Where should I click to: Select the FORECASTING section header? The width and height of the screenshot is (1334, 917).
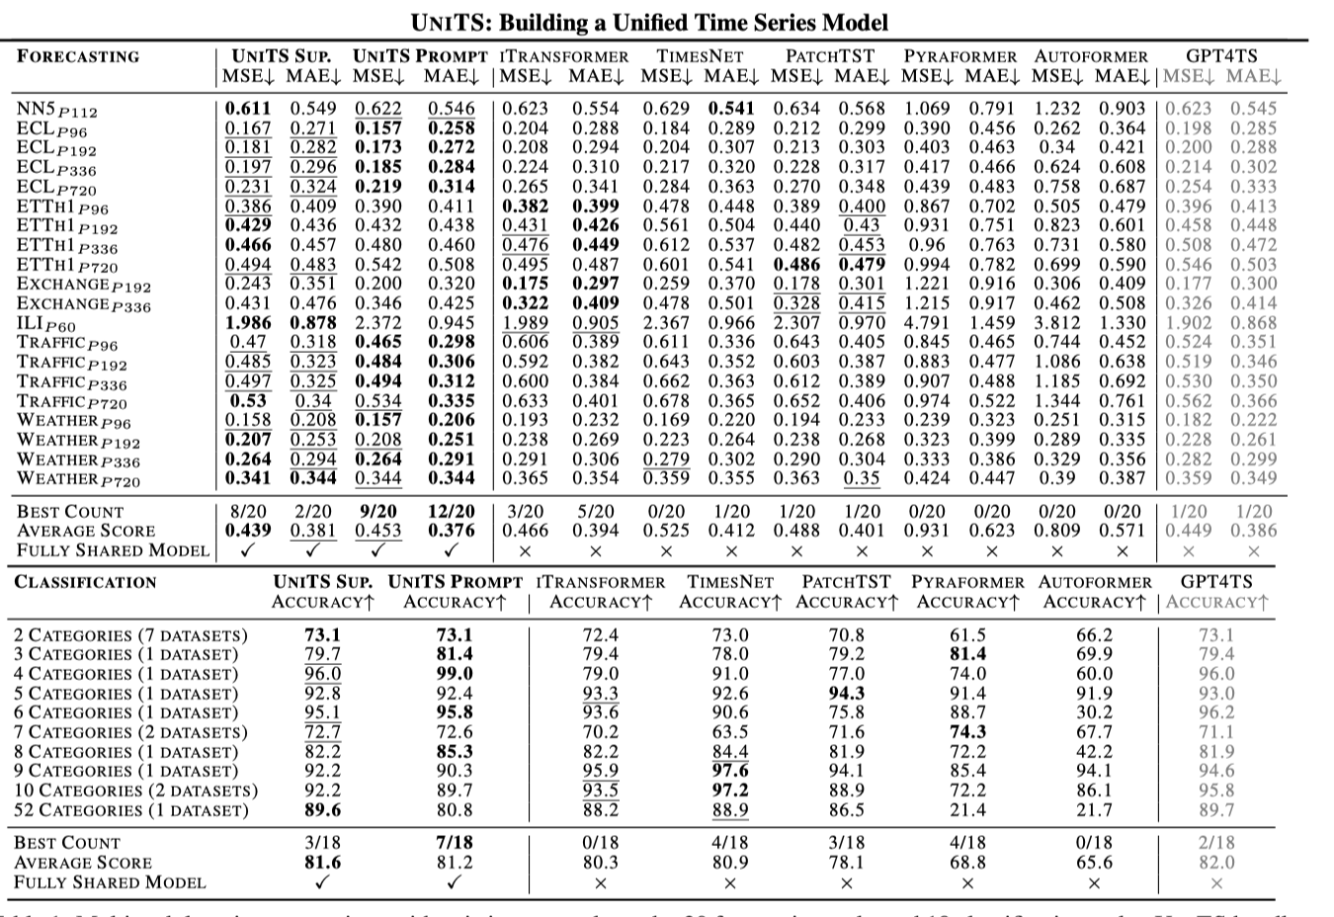pyautogui.click(x=78, y=56)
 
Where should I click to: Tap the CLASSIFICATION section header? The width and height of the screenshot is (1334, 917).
pyautogui.click(x=85, y=582)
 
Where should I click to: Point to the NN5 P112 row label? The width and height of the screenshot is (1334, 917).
pyautogui.click(x=57, y=110)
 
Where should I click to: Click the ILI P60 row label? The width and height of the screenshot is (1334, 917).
pyautogui.click(x=46, y=324)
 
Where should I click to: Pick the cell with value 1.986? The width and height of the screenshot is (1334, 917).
pyautogui.click(x=247, y=322)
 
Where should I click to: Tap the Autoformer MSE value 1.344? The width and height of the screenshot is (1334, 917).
pyautogui.click(x=1056, y=400)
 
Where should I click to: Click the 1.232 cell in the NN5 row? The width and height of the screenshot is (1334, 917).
pyautogui.click(x=1056, y=109)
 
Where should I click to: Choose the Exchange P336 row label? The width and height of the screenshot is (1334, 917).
pyautogui.click(x=84, y=304)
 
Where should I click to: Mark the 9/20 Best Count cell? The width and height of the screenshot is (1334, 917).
pyautogui.click(x=377, y=511)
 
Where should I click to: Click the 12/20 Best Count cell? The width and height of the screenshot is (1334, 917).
pyautogui.click(x=451, y=511)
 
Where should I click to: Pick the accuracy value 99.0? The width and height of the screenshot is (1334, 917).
pyautogui.click(x=455, y=674)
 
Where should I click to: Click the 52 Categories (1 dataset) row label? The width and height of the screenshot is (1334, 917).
pyautogui.click(x=131, y=810)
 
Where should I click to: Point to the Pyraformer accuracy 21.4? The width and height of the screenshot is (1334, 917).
pyautogui.click(x=967, y=810)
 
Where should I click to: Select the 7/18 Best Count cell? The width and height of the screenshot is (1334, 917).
pyautogui.click(x=455, y=843)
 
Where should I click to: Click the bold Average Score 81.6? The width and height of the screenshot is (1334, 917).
pyautogui.click(x=322, y=863)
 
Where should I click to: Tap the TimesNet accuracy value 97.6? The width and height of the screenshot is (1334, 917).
pyautogui.click(x=729, y=771)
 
